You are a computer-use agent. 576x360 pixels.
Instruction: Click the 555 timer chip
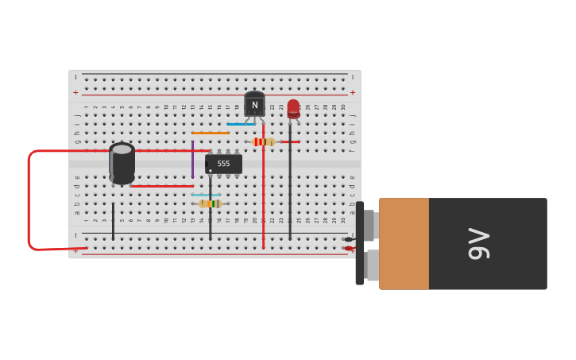(x=223, y=164)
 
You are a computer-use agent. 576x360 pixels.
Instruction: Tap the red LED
(x=293, y=108)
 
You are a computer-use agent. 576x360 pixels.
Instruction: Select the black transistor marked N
(x=254, y=104)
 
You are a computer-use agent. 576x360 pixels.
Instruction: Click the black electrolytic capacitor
(x=122, y=163)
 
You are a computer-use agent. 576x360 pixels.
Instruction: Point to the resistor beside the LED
(x=264, y=142)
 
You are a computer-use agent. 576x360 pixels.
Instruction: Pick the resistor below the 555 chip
(x=210, y=203)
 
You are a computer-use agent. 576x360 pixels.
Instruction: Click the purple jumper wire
(x=192, y=160)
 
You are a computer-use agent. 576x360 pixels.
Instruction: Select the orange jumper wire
(x=210, y=133)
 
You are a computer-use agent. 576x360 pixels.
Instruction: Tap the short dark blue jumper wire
(x=240, y=124)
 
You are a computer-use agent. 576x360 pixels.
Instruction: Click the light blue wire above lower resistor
(x=206, y=195)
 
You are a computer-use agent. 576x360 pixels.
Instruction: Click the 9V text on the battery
(x=479, y=243)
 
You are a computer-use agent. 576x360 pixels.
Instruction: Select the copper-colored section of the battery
(x=404, y=243)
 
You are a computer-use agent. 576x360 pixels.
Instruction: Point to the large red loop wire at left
(x=29, y=199)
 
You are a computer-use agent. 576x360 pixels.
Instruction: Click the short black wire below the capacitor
(x=113, y=221)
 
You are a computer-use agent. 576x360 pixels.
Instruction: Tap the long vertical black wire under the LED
(x=290, y=191)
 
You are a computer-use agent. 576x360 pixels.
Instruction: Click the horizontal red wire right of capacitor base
(x=161, y=186)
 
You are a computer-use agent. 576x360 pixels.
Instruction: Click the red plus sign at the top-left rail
(x=76, y=93)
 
